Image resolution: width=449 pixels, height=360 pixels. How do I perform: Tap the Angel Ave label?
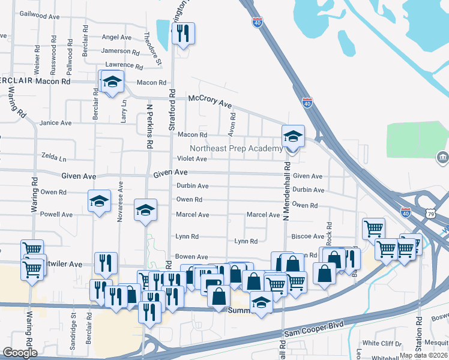pyautogui.click(x=116, y=37)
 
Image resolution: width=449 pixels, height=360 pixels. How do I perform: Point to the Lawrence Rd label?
pyautogui.click(x=123, y=65)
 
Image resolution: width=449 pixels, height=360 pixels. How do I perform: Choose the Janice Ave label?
pyautogui.click(x=55, y=123)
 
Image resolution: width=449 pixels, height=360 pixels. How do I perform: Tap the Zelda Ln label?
pyautogui.click(x=54, y=157)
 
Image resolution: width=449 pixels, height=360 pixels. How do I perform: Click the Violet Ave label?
pyautogui.click(x=191, y=159)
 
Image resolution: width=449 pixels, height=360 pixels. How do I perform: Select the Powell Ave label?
pyautogui.click(x=56, y=214)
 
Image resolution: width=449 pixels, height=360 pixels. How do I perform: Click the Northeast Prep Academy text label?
pyautogui.click(x=236, y=149)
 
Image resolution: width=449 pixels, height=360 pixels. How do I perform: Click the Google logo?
pyautogui.click(x=20, y=353)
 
